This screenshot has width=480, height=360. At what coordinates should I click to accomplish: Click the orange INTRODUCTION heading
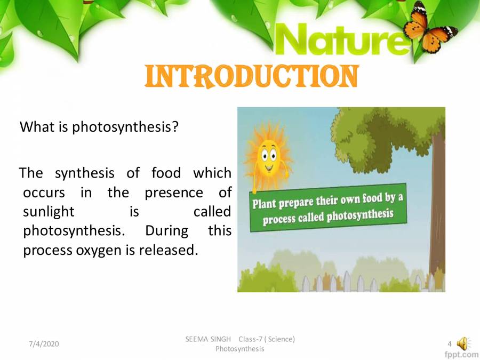click(251, 77)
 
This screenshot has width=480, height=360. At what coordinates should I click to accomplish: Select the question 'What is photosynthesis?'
click(99, 127)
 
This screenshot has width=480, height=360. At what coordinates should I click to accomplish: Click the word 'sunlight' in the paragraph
click(49, 212)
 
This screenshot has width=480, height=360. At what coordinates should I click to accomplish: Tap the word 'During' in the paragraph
click(167, 231)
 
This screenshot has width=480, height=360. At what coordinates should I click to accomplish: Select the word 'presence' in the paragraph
click(174, 193)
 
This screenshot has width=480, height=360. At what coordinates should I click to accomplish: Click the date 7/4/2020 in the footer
click(44, 343)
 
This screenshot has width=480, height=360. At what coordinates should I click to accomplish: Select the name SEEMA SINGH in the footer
click(208, 339)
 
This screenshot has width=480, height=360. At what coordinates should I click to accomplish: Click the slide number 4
click(450, 343)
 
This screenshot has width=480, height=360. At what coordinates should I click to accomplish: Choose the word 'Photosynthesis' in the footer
click(239, 349)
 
